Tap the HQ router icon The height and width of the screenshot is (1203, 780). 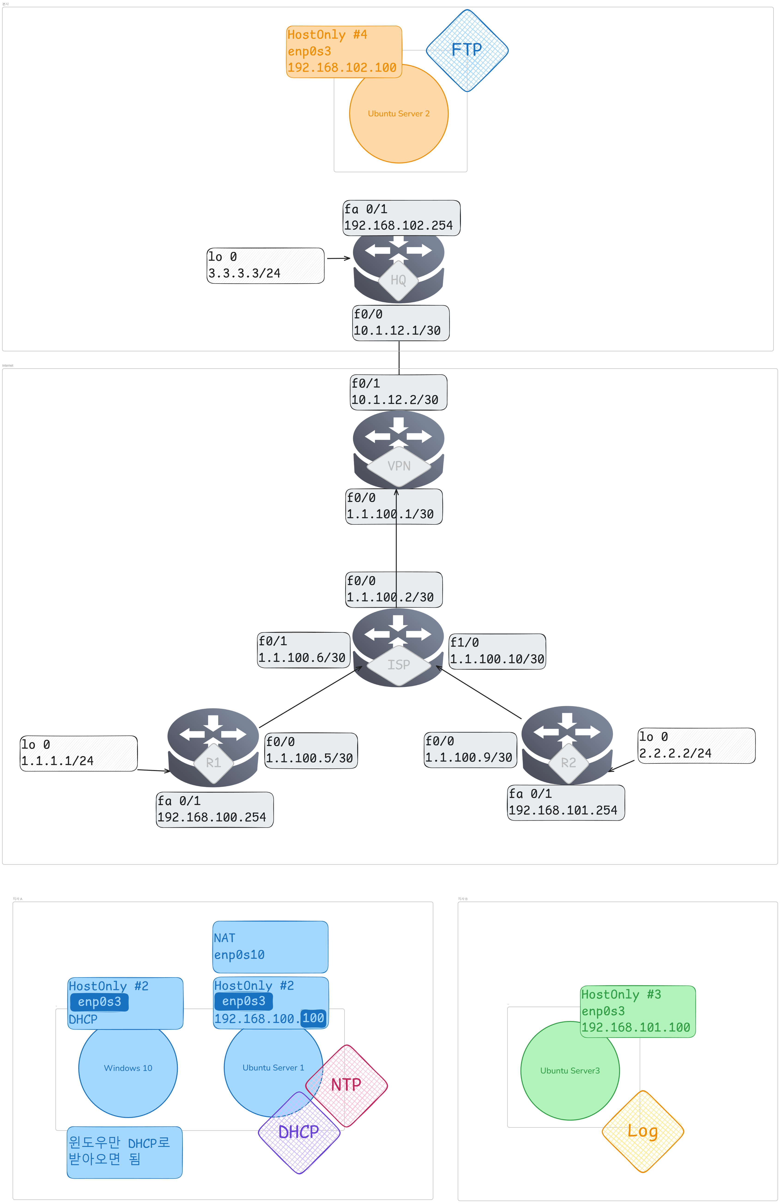(398, 268)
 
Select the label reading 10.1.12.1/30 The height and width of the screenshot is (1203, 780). (400, 323)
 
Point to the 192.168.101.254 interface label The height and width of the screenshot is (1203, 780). (566, 803)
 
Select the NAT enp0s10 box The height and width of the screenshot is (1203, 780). (270, 947)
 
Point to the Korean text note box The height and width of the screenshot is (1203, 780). (124, 1152)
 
